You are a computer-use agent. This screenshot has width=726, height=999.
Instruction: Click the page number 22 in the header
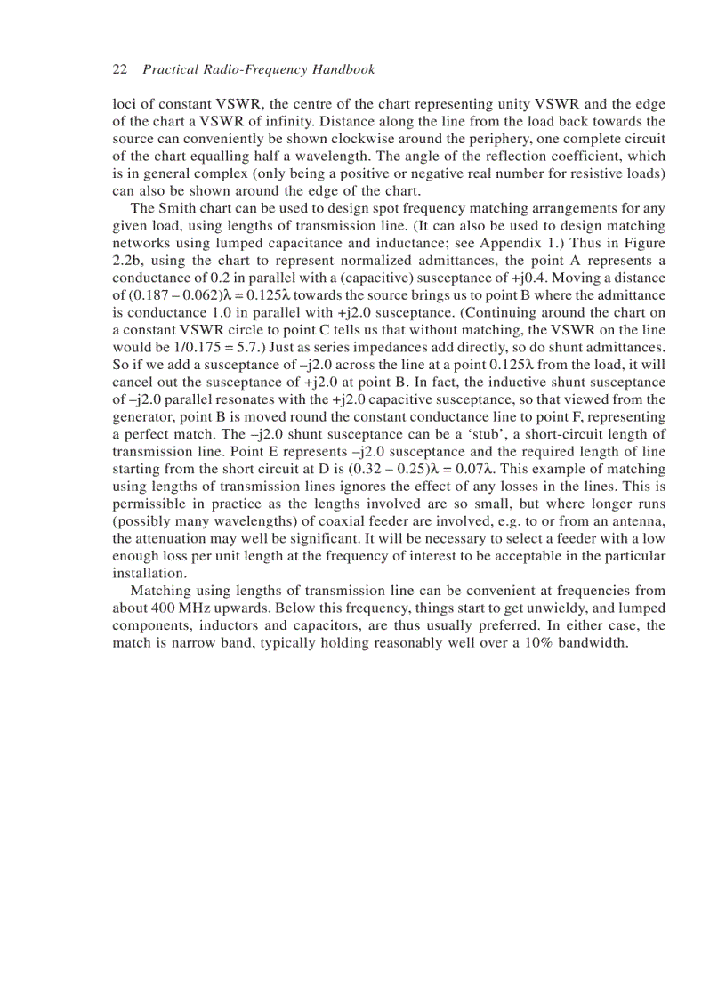pyautogui.click(x=119, y=69)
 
